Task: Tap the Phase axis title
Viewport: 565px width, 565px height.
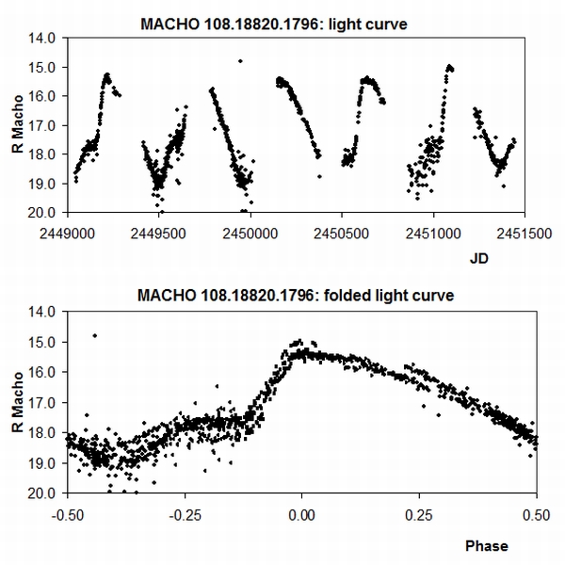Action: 485,545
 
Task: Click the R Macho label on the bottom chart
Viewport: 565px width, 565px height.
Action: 19,401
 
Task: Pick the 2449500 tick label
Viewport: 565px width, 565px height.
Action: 160,227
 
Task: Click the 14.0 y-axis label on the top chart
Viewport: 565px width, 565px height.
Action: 46,39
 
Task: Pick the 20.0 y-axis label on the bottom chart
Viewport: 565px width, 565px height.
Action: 46,492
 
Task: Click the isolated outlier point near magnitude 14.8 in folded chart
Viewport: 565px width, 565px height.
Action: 94,335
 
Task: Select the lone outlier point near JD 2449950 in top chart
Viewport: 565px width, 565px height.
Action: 240,61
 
